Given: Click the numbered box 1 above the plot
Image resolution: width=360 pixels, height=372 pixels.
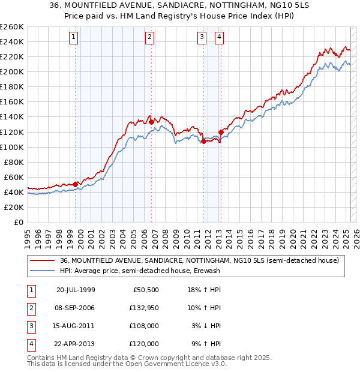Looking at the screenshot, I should pyautogui.click(x=73, y=37).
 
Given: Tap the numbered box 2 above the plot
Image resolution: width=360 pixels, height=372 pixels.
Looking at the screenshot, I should pyautogui.click(x=149, y=37).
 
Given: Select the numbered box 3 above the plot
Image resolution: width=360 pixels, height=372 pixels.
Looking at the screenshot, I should pyautogui.click(x=202, y=37).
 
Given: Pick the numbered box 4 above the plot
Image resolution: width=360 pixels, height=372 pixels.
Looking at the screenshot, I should pyautogui.click(x=220, y=37).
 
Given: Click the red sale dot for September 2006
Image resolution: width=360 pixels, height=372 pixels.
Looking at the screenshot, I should pyautogui.click(x=151, y=122).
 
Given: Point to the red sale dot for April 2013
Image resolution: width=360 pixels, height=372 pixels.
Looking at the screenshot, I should pyautogui.click(x=221, y=132).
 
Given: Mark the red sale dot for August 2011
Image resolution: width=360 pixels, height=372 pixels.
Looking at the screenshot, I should pyautogui.click(x=203, y=141).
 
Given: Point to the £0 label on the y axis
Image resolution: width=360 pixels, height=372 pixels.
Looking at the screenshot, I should pyautogui.click(x=19, y=222).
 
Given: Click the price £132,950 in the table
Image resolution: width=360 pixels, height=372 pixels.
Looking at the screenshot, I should pyautogui.click(x=144, y=308).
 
